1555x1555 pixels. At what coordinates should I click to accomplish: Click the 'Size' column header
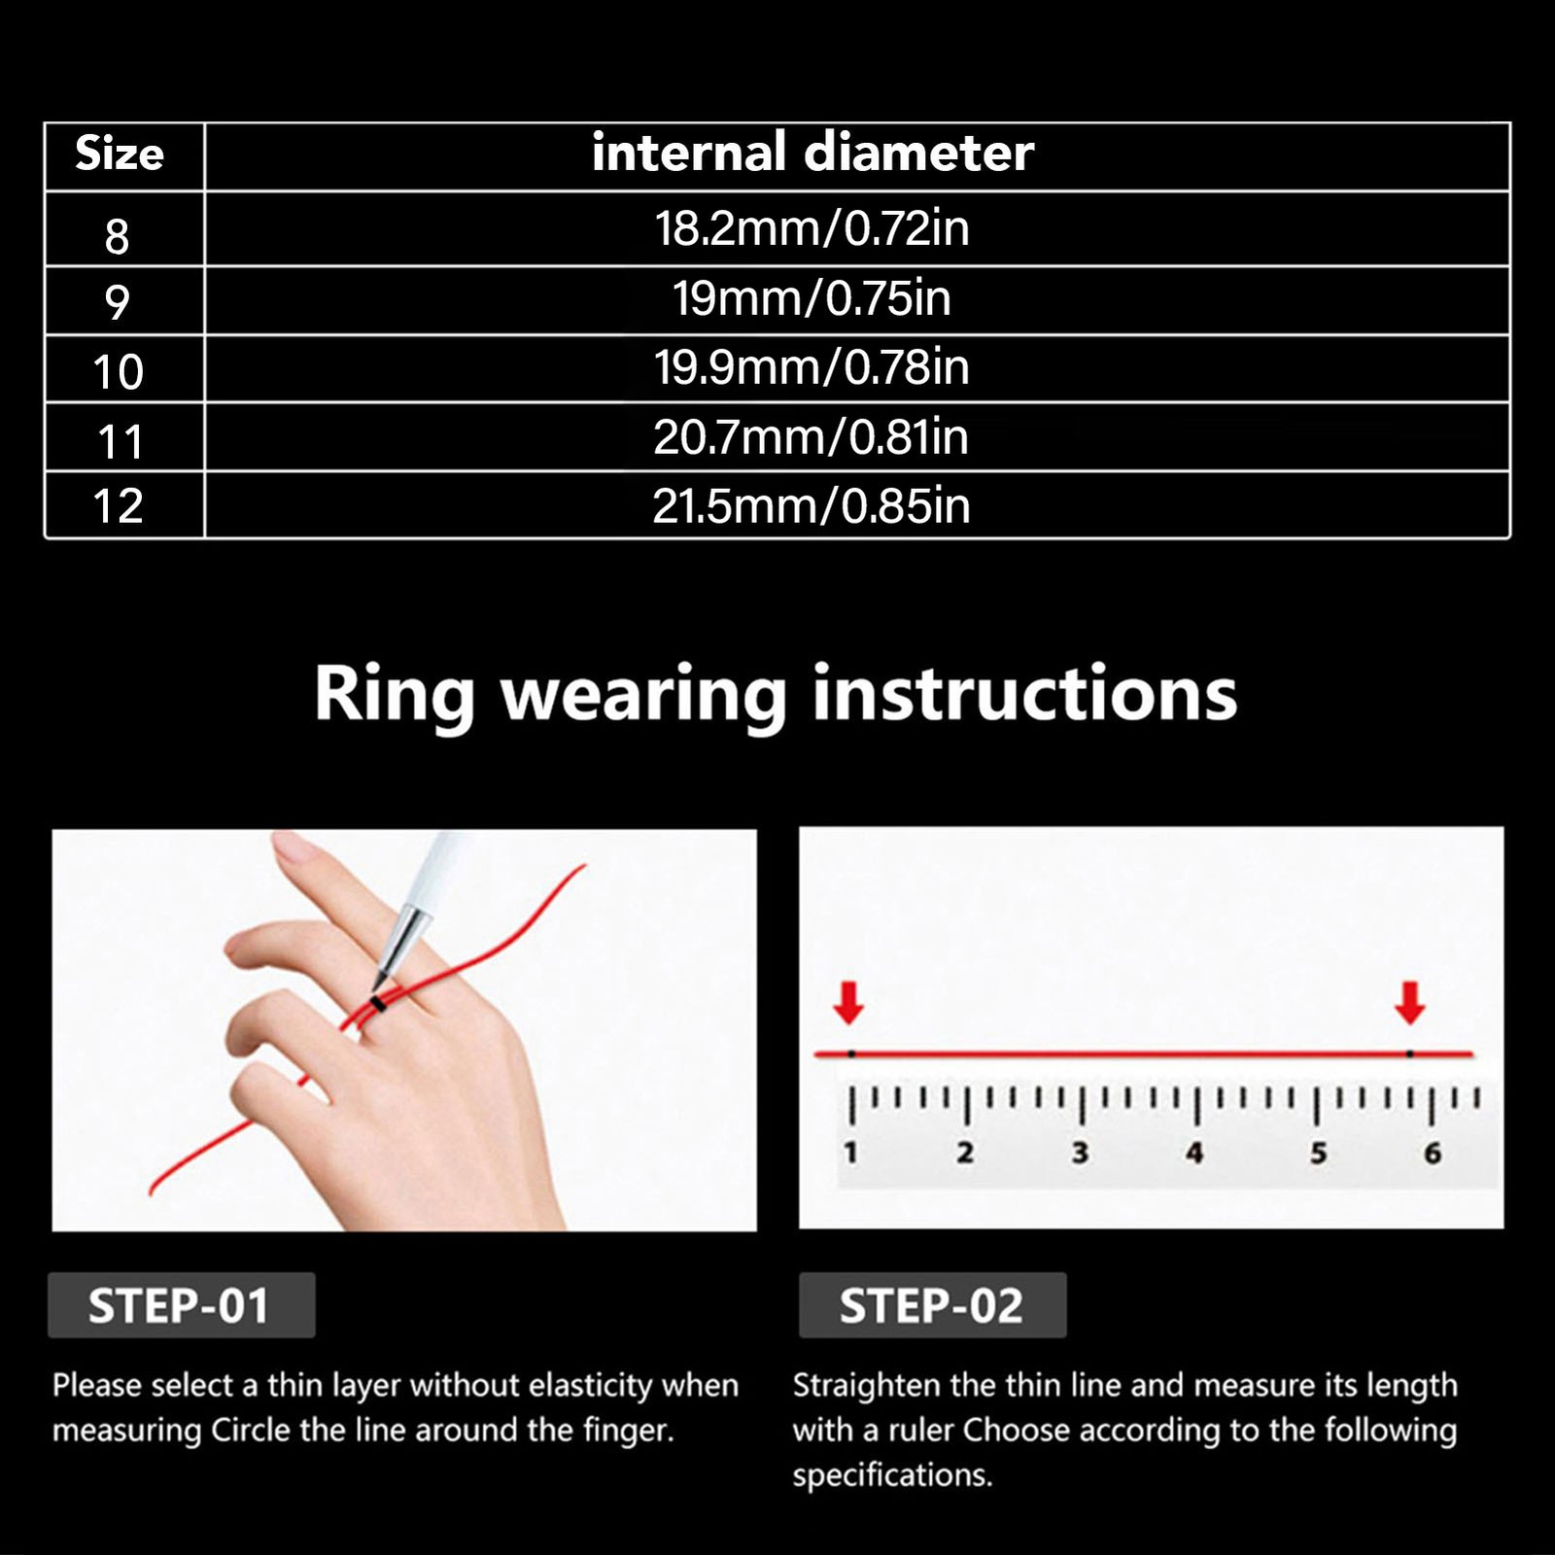point(120,154)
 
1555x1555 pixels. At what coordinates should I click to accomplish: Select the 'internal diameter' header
point(812,153)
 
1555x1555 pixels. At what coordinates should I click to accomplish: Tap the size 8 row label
point(117,236)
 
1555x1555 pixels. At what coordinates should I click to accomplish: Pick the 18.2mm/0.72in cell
point(812,228)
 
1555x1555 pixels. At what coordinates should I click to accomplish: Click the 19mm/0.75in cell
point(812,297)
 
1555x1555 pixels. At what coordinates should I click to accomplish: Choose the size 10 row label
point(118,372)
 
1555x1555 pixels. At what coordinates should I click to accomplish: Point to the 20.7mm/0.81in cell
point(812,437)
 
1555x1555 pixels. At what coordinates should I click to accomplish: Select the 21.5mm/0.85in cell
point(812,506)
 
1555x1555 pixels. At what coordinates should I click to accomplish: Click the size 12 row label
point(118,506)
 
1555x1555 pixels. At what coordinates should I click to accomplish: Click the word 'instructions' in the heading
point(1025,693)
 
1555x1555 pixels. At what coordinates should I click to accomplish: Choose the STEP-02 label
point(931,1305)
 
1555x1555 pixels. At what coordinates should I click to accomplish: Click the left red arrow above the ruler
point(848,1003)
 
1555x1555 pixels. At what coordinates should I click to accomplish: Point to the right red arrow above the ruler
point(1409,1003)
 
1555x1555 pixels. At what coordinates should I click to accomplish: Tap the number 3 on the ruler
point(1080,1153)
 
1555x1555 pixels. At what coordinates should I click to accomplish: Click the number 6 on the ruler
point(1433,1154)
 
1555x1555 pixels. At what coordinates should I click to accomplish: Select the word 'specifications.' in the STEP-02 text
point(892,1475)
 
